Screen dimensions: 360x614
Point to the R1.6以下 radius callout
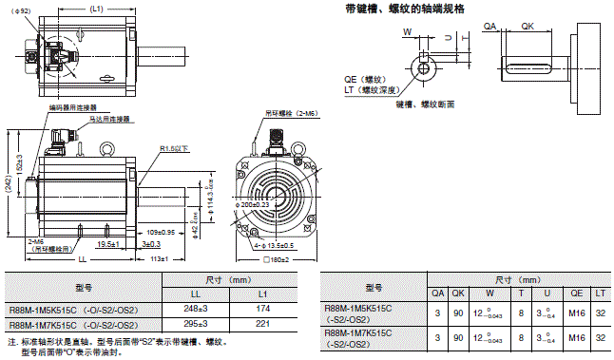click(174, 148)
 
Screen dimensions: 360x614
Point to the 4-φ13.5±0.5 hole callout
click(271, 245)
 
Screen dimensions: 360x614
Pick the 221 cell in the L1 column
click(262, 324)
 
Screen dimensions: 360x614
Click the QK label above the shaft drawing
click(527, 28)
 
